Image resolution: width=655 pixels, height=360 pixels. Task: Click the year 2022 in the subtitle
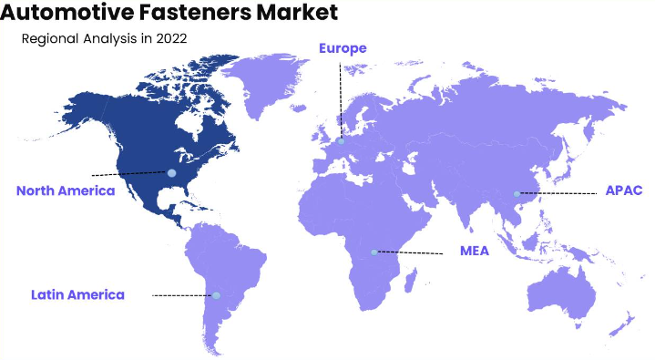click(173, 39)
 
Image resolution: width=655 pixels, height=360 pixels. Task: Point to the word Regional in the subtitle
click(53, 39)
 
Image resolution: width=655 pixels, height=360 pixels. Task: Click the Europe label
click(343, 47)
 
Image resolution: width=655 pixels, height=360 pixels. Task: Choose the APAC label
click(624, 190)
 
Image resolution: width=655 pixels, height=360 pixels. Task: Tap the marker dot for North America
click(170, 172)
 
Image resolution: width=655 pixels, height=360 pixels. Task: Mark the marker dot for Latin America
click(217, 295)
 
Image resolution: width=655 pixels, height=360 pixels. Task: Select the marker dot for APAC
click(517, 193)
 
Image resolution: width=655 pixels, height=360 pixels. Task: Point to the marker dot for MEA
click(374, 252)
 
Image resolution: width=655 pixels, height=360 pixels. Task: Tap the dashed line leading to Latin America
click(182, 295)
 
